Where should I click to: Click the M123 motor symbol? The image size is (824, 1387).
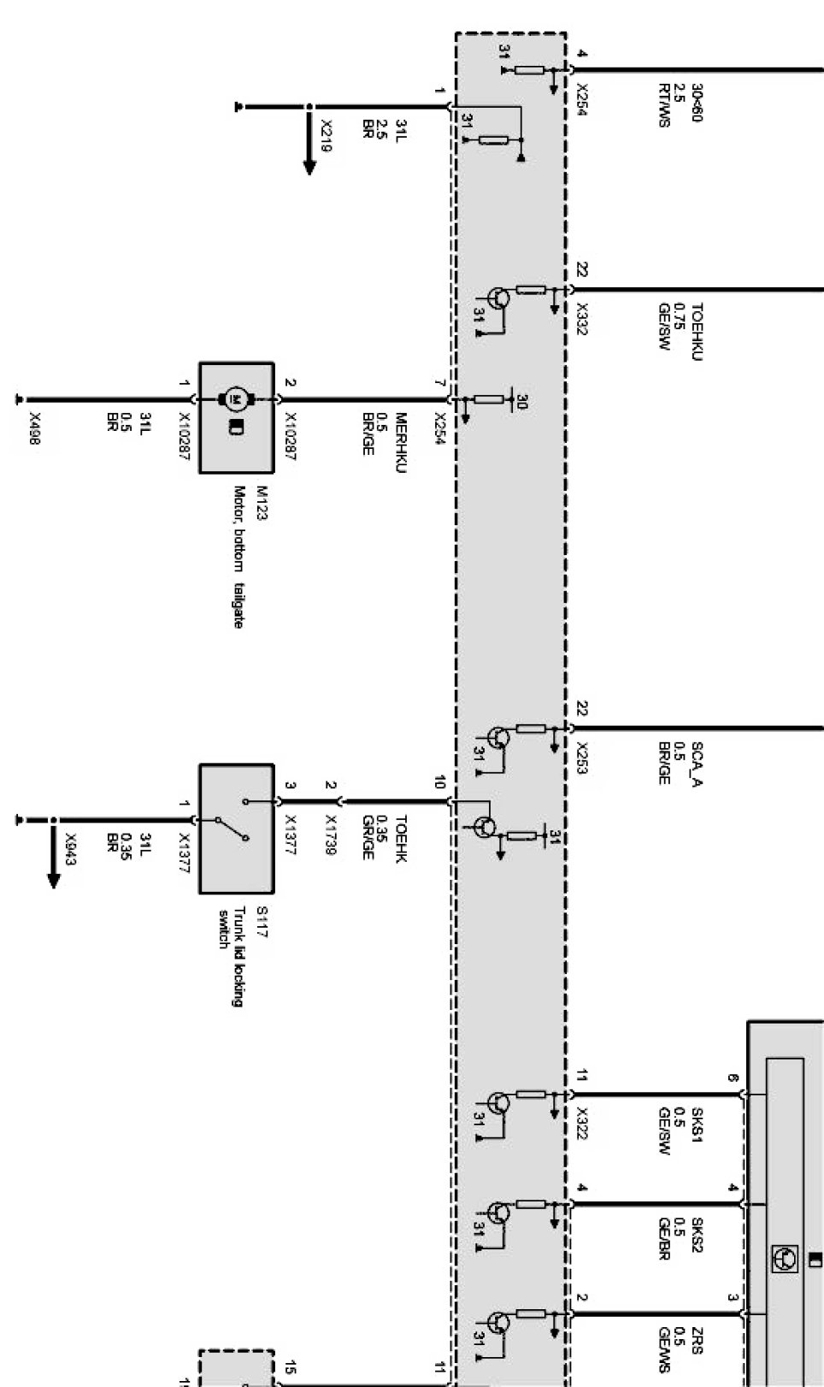(x=235, y=398)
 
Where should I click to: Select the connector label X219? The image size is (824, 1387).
(x=326, y=142)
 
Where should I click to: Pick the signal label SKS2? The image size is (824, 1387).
(x=697, y=1235)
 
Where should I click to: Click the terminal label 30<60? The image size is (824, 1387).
(x=697, y=103)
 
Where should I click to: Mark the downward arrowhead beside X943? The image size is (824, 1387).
(x=53, y=880)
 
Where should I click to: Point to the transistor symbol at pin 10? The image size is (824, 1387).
(x=485, y=827)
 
